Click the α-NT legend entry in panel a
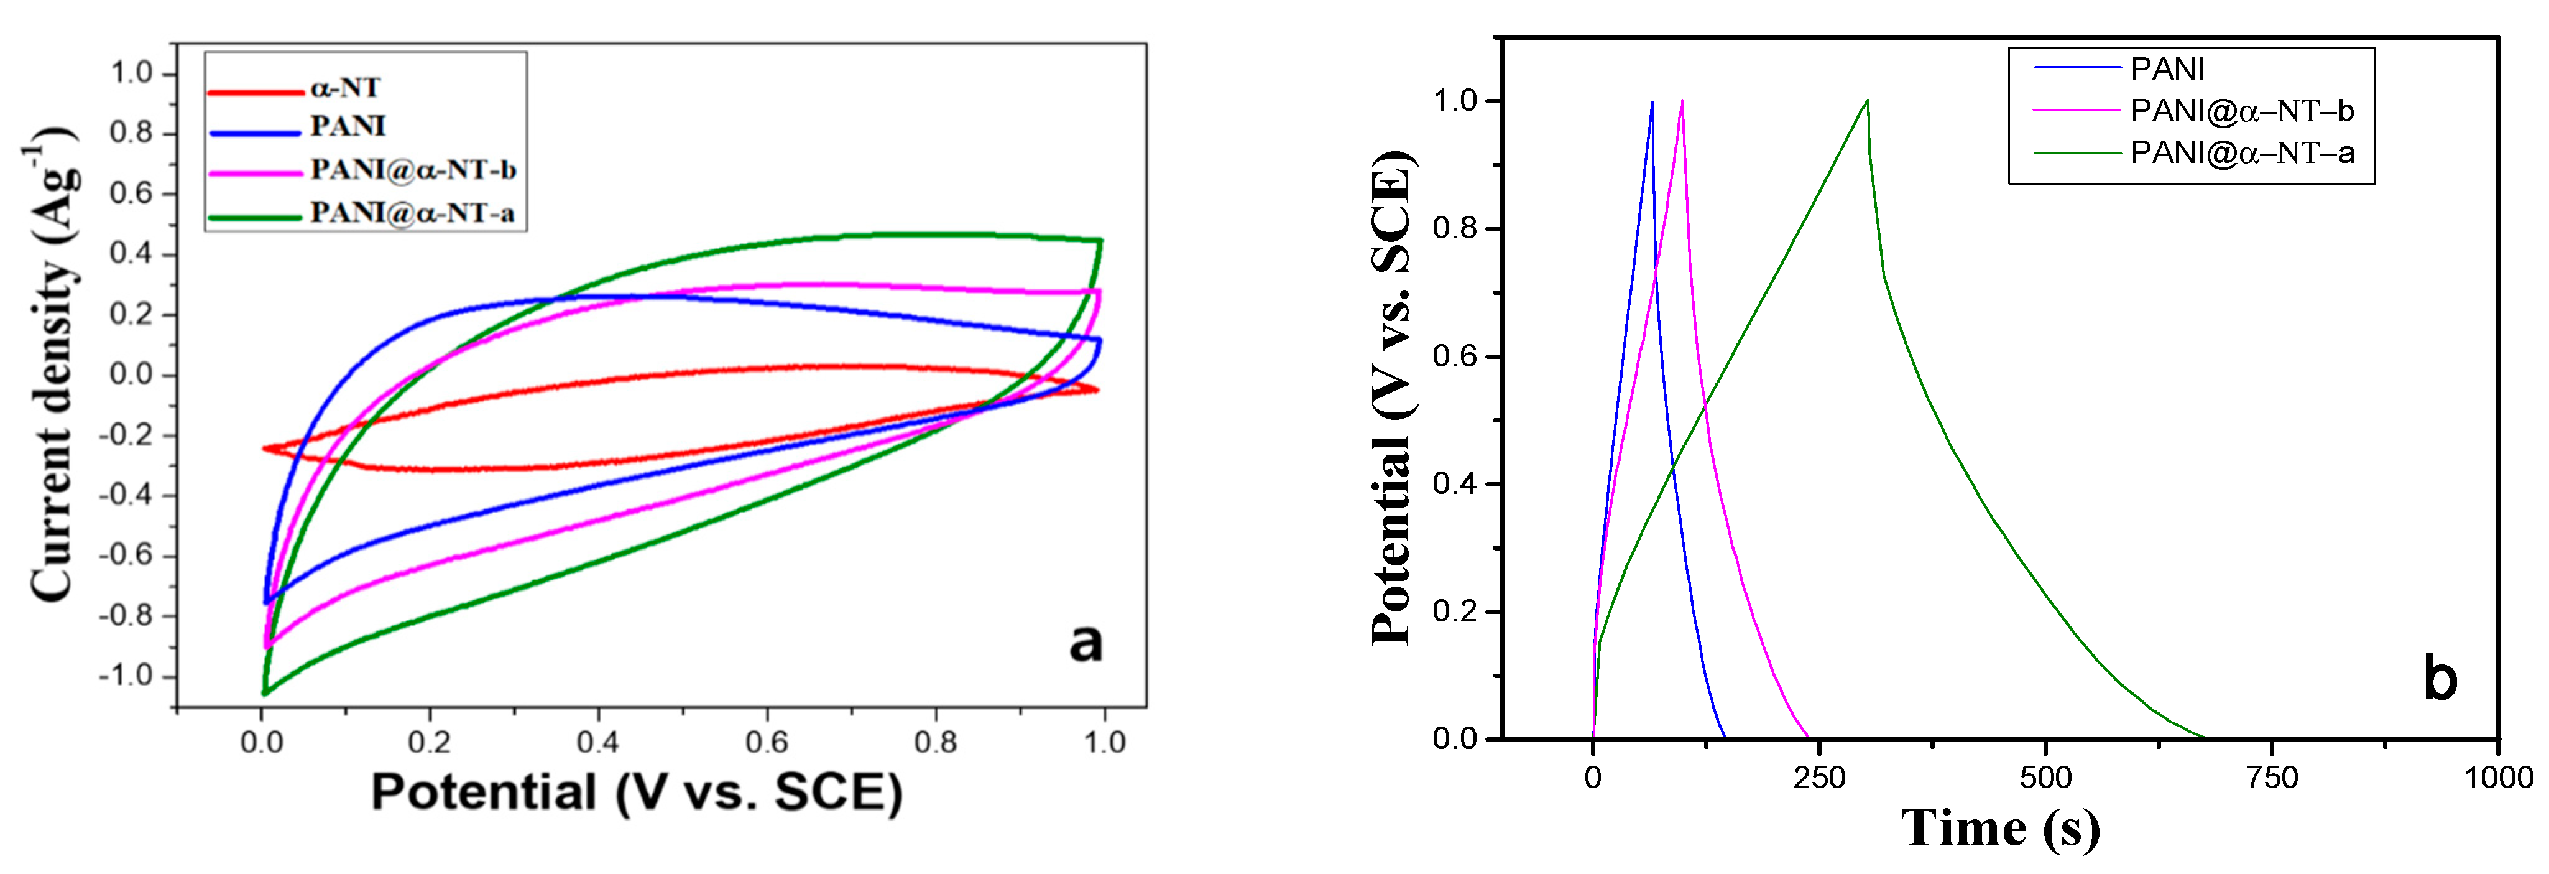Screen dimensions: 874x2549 [x=344, y=88]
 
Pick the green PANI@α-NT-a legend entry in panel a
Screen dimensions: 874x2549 [x=412, y=213]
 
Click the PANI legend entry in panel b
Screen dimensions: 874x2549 [x=2167, y=69]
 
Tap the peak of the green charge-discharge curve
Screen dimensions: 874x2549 [x=1867, y=100]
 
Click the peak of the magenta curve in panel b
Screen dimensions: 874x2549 [x=1682, y=100]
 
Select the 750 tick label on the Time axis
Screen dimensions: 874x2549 [x=2271, y=778]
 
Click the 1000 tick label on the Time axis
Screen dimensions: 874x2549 [x=2497, y=778]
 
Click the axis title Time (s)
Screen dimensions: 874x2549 [x=2000, y=827]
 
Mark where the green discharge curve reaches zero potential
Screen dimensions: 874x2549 [x=2205, y=737]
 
